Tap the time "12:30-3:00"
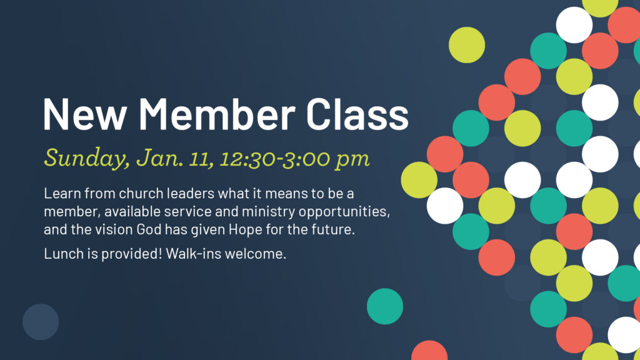click(x=274, y=158)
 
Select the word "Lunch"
click(x=61, y=254)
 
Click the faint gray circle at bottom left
click(x=41, y=322)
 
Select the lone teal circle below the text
click(x=385, y=306)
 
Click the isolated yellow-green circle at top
click(x=467, y=45)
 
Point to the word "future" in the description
click(x=336, y=229)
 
